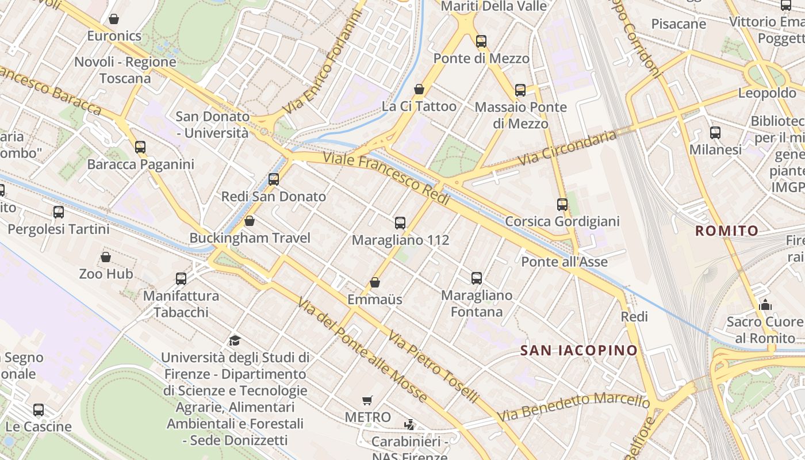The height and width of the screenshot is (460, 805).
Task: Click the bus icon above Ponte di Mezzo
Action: [481, 41]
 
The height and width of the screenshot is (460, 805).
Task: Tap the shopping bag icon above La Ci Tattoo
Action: [419, 89]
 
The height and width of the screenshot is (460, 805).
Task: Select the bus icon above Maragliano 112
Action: [400, 223]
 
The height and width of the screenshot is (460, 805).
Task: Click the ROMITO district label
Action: [727, 231]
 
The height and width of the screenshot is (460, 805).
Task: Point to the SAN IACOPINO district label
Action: [579, 350]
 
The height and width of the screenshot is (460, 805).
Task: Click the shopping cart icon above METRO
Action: [367, 400]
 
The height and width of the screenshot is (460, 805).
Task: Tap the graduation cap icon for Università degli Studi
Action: [234, 340]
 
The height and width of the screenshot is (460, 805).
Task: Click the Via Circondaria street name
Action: [568, 149]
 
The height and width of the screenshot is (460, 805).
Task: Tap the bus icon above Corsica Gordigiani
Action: [562, 204]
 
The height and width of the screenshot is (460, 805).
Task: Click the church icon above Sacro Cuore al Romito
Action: [765, 305]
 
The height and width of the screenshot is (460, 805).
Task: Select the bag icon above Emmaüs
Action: [375, 282]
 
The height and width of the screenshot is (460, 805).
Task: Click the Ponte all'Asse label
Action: [564, 262]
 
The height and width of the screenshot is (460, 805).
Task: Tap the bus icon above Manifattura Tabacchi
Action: [181, 279]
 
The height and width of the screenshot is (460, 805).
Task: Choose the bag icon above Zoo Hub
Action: [106, 257]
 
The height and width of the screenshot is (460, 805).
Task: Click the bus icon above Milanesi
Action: [715, 133]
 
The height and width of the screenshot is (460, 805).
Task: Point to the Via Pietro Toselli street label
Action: [434, 366]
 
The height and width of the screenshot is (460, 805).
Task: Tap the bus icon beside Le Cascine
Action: [39, 410]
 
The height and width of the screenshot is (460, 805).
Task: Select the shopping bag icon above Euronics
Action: [114, 19]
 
